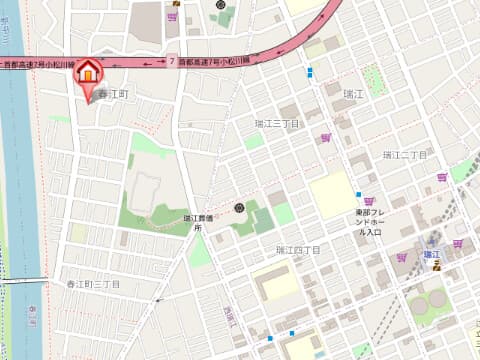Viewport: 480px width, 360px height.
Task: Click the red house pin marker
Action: tap(89, 72)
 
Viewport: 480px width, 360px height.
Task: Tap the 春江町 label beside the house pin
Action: tap(112, 92)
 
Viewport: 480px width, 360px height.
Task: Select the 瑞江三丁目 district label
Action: tap(277, 123)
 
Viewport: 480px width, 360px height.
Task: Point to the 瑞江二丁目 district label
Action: tap(404, 155)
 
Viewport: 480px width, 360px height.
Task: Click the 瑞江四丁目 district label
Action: tap(297, 249)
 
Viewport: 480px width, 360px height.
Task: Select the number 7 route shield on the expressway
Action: tap(172, 62)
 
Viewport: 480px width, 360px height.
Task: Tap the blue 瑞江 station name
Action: tap(433, 255)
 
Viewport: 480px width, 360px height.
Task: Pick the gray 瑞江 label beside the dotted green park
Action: tap(353, 94)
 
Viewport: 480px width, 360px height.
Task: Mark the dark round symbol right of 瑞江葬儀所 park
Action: tap(239, 207)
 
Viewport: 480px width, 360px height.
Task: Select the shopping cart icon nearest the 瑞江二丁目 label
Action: tap(442, 177)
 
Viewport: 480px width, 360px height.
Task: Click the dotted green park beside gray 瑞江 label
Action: tap(375, 79)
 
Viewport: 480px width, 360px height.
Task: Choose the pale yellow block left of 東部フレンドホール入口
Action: tap(332, 195)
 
